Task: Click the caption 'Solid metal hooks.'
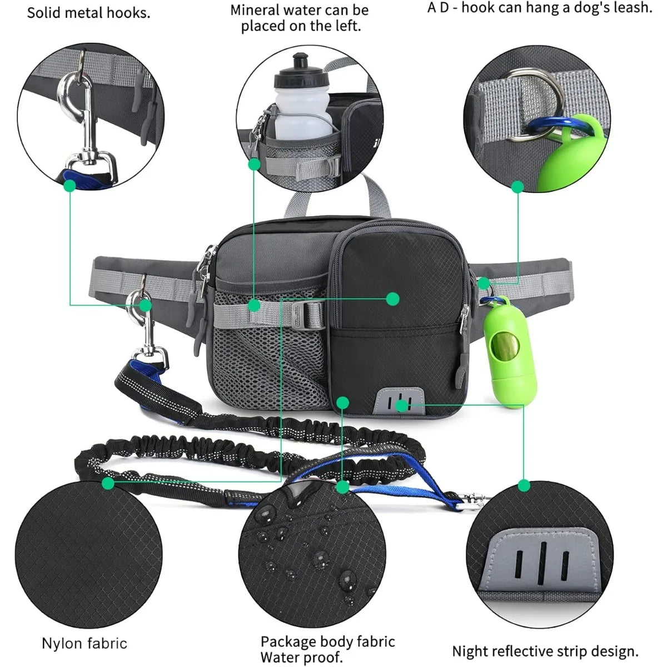89,13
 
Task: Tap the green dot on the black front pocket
393,299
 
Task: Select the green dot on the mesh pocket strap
254,305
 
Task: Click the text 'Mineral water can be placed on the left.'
301,18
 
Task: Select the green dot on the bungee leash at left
108,483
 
